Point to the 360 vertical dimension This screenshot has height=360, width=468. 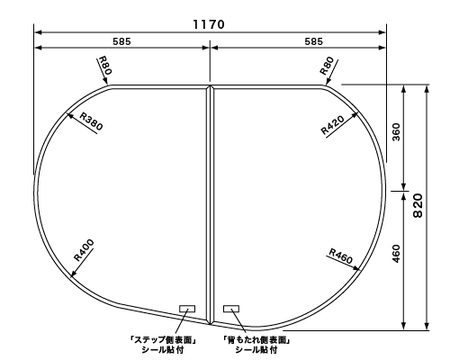point(396,133)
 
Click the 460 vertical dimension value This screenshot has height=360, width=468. point(396,256)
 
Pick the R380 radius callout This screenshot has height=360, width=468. point(91,122)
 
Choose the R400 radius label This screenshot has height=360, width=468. point(83,248)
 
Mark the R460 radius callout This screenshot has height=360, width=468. point(340,256)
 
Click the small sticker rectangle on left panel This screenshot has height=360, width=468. point(187,308)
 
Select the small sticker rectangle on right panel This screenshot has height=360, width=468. point(231,308)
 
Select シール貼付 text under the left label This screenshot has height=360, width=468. point(163,350)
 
